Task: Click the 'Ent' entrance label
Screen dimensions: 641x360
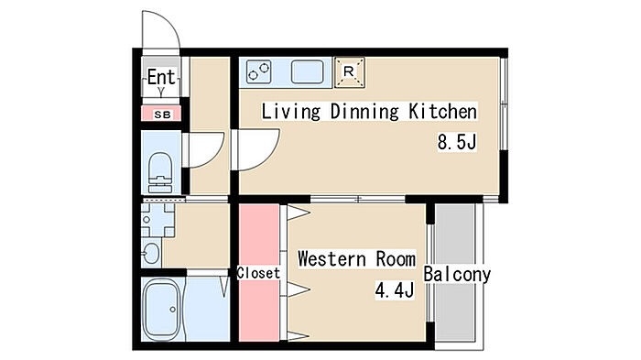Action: point(161,77)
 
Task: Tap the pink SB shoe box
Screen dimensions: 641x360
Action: point(161,114)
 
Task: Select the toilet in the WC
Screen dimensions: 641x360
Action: point(160,172)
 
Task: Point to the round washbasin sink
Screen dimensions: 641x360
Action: point(150,254)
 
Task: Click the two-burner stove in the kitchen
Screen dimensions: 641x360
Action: point(259,72)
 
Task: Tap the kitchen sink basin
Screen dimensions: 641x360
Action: point(308,72)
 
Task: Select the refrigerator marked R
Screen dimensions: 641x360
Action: point(349,72)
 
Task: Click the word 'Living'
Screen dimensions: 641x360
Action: point(290,112)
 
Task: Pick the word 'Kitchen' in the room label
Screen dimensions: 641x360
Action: point(442,111)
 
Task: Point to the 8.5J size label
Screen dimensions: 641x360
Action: point(457,142)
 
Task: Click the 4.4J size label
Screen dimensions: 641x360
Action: point(395,289)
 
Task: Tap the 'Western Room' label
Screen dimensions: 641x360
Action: point(356,259)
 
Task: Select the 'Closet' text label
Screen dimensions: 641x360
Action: point(258,273)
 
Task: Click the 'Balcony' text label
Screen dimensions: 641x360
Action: point(457,274)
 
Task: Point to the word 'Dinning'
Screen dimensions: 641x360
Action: point(364,112)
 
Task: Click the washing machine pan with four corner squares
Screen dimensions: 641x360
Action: point(158,220)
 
